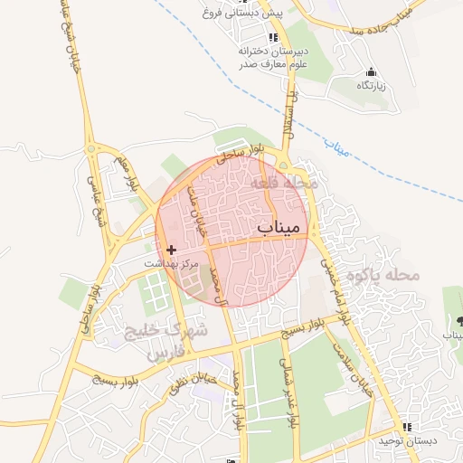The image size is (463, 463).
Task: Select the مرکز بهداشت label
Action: point(173,262)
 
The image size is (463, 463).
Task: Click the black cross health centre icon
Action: point(172,248)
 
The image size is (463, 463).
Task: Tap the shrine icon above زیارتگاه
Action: point(370,71)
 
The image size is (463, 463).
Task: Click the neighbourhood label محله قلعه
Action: point(285,182)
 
